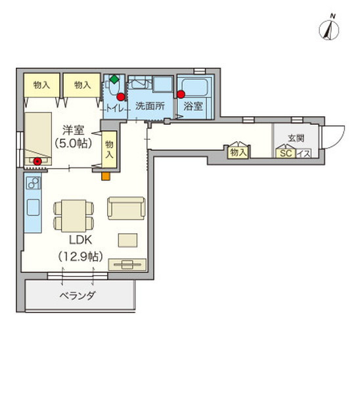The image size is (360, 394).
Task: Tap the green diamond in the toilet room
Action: tap(114, 80)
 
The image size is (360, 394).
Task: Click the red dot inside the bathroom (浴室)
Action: tap(181, 94)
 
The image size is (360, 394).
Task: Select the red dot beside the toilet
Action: tap(120, 97)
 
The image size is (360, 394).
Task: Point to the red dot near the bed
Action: tap(37, 160)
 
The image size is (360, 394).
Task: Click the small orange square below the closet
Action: tap(104, 175)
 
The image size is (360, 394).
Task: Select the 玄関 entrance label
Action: tap(296, 138)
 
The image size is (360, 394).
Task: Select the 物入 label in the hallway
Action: tap(238, 153)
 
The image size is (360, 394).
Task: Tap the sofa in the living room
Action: tap(126, 208)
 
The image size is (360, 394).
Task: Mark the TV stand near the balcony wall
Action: tap(127, 264)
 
